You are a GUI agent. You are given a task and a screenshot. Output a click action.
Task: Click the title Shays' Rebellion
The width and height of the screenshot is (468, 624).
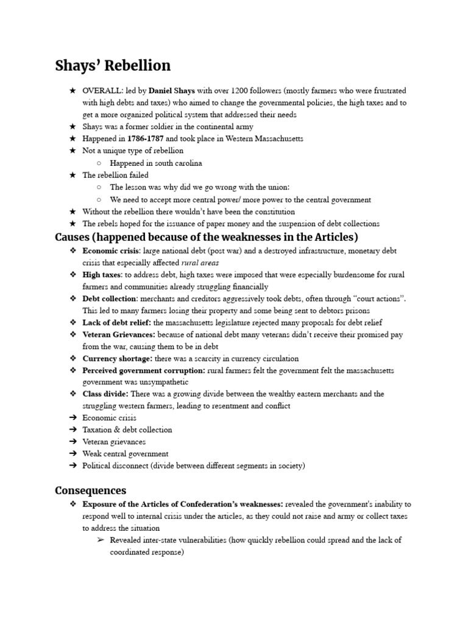pyautogui.click(x=113, y=65)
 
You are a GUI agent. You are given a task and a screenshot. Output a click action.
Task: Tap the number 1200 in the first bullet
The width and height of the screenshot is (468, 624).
pyautogui.click(x=231, y=90)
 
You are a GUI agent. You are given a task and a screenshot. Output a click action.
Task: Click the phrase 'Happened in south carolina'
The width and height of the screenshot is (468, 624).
pyautogui.click(x=155, y=163)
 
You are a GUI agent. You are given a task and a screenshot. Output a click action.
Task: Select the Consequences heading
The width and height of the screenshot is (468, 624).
pyautogui.click(x=91, y=490)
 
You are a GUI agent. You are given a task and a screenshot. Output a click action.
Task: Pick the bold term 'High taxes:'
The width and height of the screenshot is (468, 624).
pyautogui.click(x=102, y=275)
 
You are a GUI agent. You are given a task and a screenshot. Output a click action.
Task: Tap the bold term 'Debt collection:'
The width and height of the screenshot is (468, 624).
pyautogui.click(x=110, y=299)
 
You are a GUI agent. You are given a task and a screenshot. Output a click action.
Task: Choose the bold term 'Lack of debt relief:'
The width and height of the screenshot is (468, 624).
pyautogui.click(x=117, y=322)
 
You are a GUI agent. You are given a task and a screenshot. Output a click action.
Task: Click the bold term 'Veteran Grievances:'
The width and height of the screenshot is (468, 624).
pyautogui.click(x=119, y=335)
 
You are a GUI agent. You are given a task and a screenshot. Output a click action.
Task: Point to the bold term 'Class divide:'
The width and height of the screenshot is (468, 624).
pyautogui.click(x=105, y=394)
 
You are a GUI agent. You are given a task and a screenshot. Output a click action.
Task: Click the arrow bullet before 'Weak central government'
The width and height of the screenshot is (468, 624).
pyautogui.click(x=73, y=454)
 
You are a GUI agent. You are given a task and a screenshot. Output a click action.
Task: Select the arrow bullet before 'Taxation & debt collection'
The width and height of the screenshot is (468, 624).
pyautogui.click(x=73, y=430)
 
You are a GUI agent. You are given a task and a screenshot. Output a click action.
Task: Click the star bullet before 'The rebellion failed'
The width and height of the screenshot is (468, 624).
pyautogui.click(x=73, y=175)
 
